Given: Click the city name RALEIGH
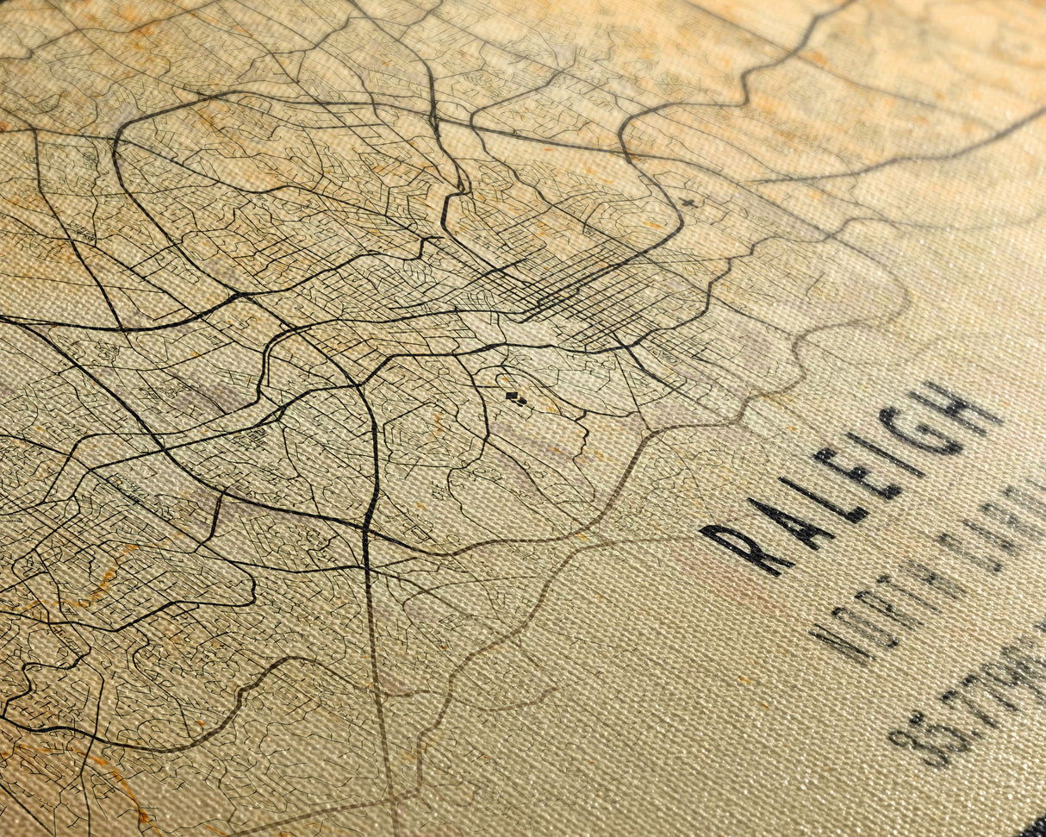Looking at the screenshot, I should coord(853,478).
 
